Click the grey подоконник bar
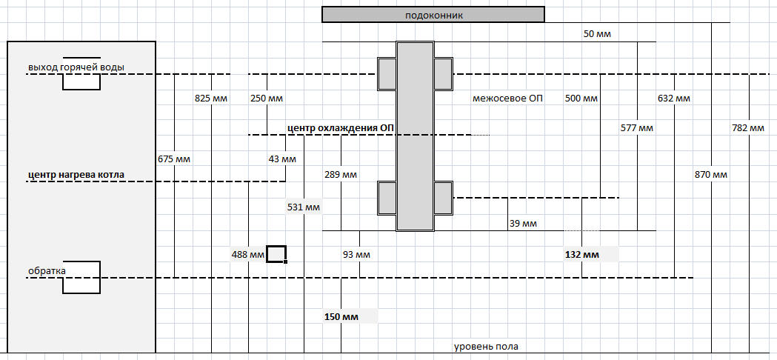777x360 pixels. click(x=433, y=15)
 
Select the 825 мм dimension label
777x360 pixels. click(x=211, y=98)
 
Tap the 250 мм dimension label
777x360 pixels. click(x=267, y=98)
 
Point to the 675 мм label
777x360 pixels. click(x=174, y=159)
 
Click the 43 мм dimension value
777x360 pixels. click(x=282, y=159)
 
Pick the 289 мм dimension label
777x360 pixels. click(x=341, y=176)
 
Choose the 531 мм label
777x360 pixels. click(x=304, y=207)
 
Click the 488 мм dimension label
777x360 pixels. click(x=248, y=255)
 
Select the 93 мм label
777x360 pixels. click(x=356, y=255)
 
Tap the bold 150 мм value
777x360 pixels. click(x=341, y=317)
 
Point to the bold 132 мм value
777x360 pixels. click(x=581, y=255)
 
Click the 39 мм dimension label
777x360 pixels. click(x=523, y=223)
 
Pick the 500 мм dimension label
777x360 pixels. click(x=581, y=98)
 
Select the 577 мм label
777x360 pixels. click(x=637, y=128)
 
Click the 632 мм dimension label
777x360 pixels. click(x=674, y=98)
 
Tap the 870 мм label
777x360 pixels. click(x=711, y=175)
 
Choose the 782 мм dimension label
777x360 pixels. click(x=747, y=128)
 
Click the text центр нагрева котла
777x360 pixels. click(x=76, y=175)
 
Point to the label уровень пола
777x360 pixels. click(x=486, y=347)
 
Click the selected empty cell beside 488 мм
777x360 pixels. click(x=276, y=254)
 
